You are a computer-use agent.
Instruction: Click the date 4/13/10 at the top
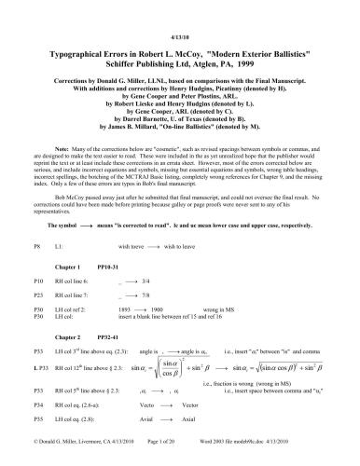179,12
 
